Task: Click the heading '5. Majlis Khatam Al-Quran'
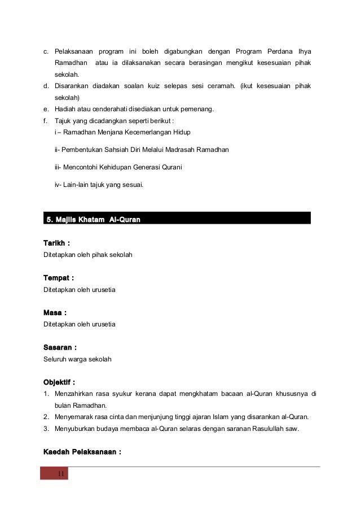click(x=93, y=219)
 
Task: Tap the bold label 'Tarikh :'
click(x=57, y=243)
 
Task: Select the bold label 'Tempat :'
click(x=59, y=278)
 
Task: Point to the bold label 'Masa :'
click(x=55, y=312)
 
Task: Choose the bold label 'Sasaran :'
click(x=60, y=347)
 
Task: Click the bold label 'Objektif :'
click(x=59, y=382)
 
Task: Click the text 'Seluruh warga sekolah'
click(x=77, y=359)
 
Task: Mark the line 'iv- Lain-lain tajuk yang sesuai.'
click(x=99, y=184)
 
